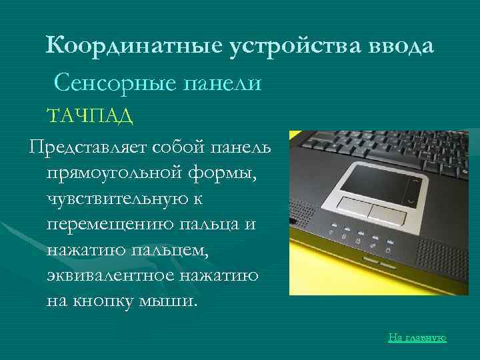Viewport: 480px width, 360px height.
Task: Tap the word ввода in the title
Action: (x=401, y=47)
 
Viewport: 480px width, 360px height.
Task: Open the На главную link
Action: (x=417, y=338)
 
